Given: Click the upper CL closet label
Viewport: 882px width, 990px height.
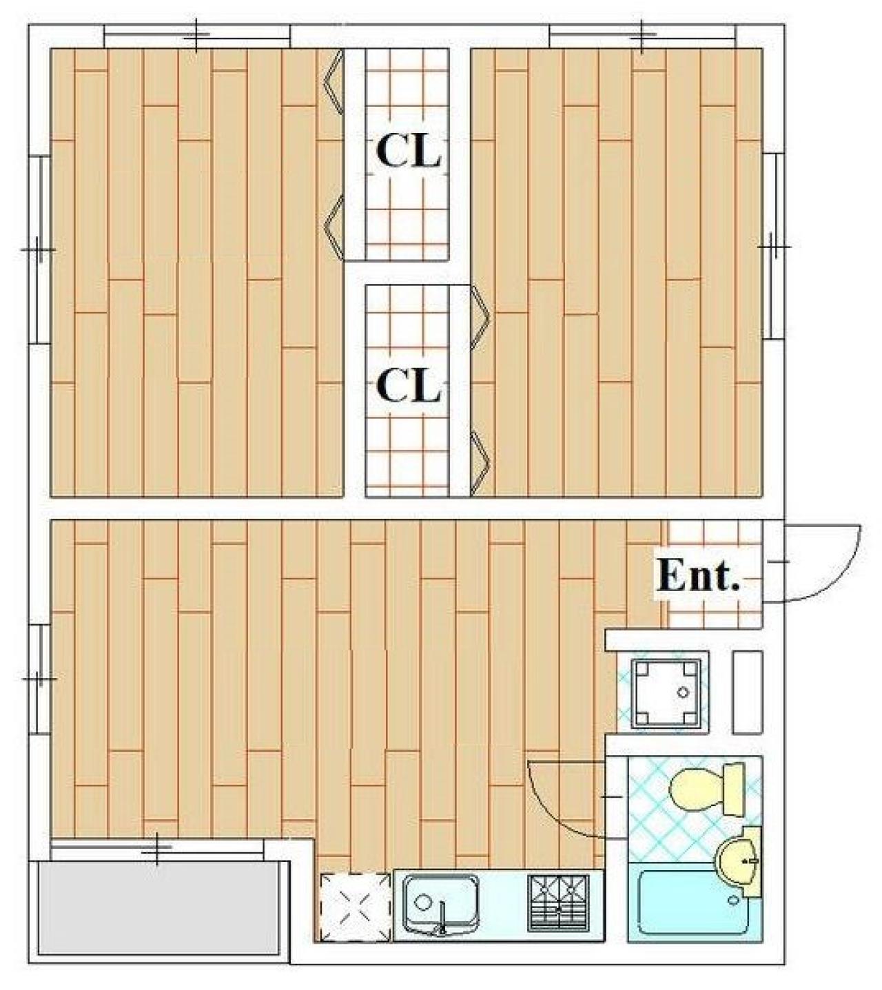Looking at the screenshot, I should point(408,152).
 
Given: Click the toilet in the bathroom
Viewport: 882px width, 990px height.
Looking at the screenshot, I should point(706,787).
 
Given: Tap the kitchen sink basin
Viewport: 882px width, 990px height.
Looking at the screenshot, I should point(440,903).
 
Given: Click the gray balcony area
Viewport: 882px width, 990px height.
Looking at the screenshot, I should point(158,906).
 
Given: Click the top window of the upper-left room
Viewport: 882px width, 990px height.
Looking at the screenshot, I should point(196,36).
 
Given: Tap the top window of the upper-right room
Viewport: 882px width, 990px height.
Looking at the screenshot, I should point(642,36).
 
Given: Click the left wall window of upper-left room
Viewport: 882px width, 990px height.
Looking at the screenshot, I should point(39,249).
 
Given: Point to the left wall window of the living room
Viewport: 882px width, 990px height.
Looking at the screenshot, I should point(39,679).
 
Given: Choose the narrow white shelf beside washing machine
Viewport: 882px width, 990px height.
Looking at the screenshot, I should point(747,692).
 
